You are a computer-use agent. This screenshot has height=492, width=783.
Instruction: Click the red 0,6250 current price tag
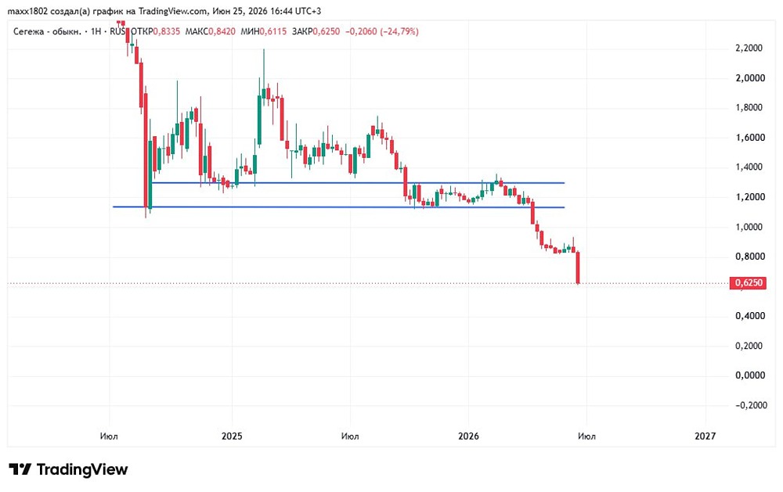point(748,283)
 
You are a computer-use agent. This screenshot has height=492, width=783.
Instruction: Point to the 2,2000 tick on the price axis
point(749,48)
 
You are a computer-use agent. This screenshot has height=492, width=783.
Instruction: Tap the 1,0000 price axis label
point(749,227)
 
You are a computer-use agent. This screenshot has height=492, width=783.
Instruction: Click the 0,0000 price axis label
point(750,375)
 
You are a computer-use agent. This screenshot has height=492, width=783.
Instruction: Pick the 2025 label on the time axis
point(232,436)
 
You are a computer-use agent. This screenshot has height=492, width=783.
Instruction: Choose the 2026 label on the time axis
point(468,436)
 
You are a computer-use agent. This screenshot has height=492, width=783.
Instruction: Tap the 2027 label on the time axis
point(705,436)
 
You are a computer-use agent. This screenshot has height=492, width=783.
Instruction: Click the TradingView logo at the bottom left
point(68,469)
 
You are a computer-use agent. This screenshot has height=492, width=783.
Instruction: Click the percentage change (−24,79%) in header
point(399,31)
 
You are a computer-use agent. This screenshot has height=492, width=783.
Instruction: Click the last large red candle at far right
point(578,268)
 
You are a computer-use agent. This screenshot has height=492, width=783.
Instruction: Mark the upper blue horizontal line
point(358,183)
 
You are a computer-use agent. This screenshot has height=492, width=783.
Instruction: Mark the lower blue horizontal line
point(338,207)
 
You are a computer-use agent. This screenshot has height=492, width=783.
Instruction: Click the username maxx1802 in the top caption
point(27,11)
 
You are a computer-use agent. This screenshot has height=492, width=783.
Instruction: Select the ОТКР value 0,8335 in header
point(166,31)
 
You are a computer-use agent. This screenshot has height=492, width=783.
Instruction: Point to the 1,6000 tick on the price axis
point(749,137)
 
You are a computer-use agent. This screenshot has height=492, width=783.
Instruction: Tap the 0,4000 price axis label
point(749,316)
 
